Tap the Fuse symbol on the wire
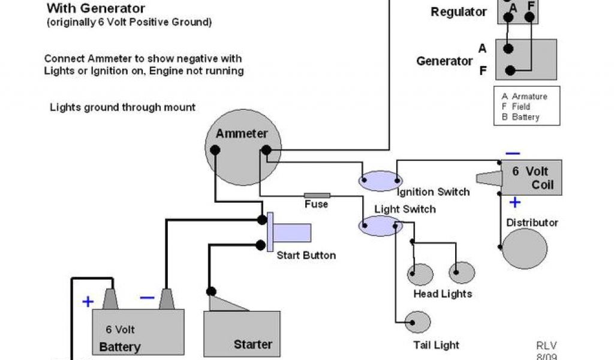pyautogui.click(x=317, y=195)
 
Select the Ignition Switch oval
pyautogui.click(x=380, y=180)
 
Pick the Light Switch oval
pyautogui.click(x=380, y=226)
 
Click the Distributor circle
pyautogui.click(x=524, y=248)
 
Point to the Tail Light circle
pyautogui.click(x=418, y=323)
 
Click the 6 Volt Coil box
pyautogui.click(x=531, y=178)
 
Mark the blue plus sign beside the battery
pyautogui.click(x=88, y=302)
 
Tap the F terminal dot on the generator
pyautogui.click(x=510, y=70)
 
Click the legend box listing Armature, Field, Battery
pyautogui.click(x=527, y=107)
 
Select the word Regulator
pyautogui.click(x=459, y=11)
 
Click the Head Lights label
pyautogui.click(x=443, y=294)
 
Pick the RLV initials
pyautogui.click(x=546, y=346)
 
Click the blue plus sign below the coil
pyautogui.click(x=514, y=202)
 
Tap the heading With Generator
pyautogui.click(x=95, y=8)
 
